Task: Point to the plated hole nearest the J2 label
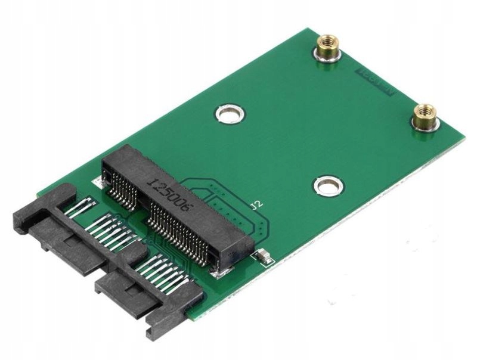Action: point(327,185)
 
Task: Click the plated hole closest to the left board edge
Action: point(230,113)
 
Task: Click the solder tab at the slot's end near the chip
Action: point(222,272)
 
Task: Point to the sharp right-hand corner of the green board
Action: point(463,139)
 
